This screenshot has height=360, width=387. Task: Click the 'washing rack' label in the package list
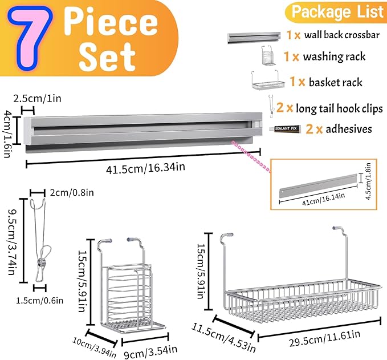(334, 57)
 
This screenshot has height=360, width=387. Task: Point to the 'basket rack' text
(336, 82)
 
